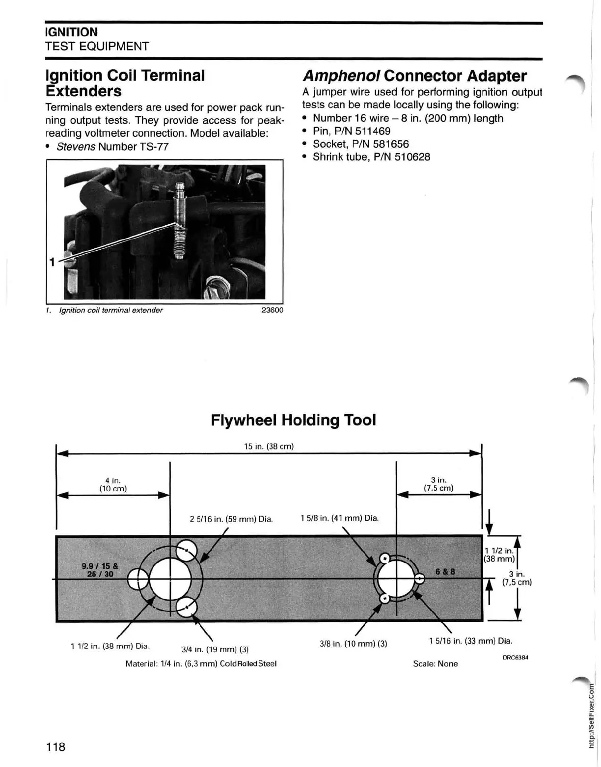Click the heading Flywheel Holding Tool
[293, 420]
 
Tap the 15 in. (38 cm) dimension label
[269, 447]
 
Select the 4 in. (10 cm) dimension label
[113, 485]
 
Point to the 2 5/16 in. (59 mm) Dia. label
[231, 519]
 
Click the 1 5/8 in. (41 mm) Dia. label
[339, 518]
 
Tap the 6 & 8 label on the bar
[445, 572]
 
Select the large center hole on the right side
[396, 578]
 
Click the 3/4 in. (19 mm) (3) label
[215, 650]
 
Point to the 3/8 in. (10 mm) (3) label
[353, 643]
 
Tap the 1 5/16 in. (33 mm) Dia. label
[470, 641]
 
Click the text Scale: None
[435, 664]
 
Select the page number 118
[55, 747]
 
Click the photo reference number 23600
[273, 310]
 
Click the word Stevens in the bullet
[76, 147]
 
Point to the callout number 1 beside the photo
[52, 262]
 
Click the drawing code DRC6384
[515, 657]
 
